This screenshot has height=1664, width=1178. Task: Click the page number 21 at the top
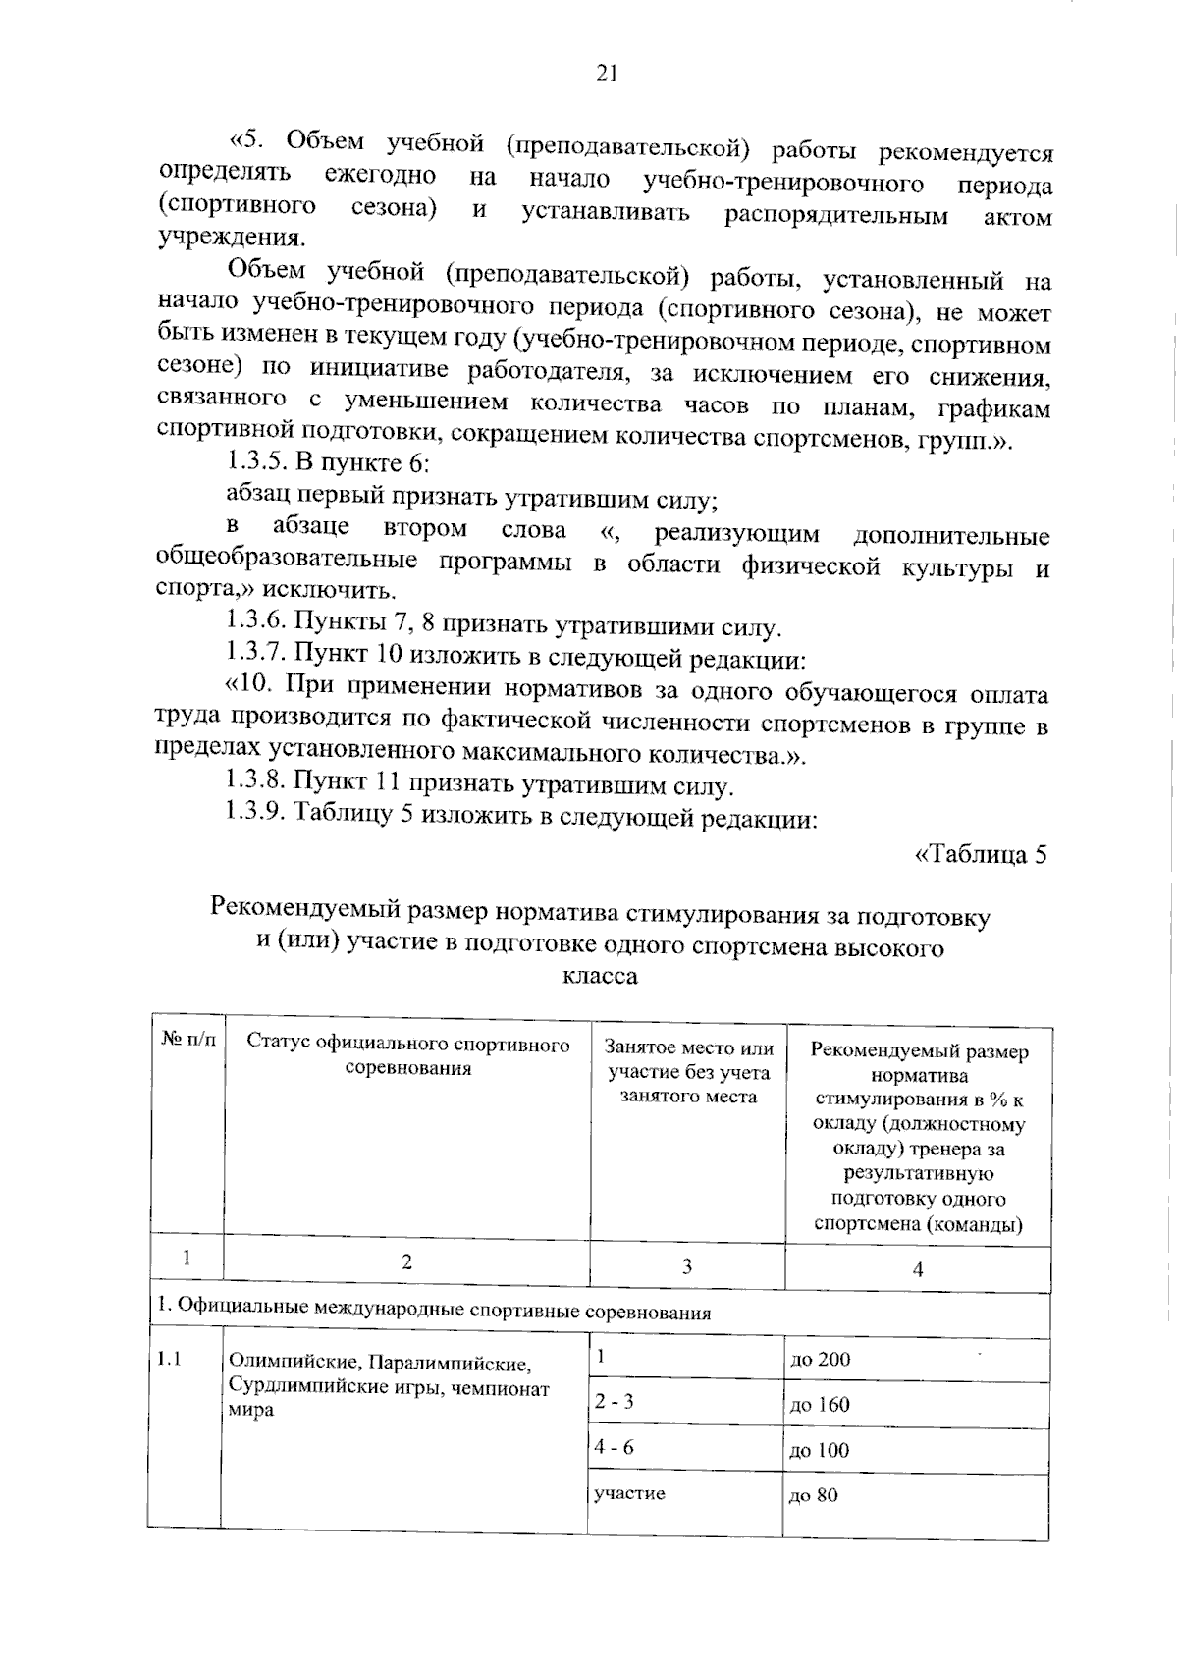tap(606, 74)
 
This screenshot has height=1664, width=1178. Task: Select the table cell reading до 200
tap(820, 1360)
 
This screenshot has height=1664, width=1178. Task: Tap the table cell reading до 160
tap(820, 1405)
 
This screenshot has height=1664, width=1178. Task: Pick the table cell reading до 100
tap(820, 1450)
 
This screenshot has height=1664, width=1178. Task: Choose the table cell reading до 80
tap(814, 1496)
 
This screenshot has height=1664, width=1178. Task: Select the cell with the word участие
tap(629, 1493)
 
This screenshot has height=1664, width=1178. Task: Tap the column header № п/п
tap(187, 1038)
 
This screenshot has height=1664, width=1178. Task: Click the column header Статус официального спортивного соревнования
tap(407, 1055)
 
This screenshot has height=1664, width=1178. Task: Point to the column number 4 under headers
tap(918, 1269)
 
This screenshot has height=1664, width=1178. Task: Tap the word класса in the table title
tap(600, 977)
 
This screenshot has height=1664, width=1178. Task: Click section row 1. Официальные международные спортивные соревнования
tap(434, 1311)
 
